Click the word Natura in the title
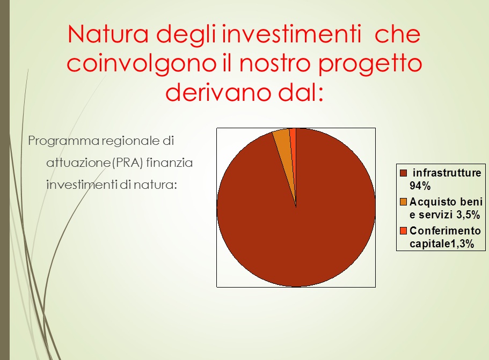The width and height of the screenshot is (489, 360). (x=108, y=34)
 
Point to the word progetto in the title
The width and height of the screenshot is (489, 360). (x=370, y=64)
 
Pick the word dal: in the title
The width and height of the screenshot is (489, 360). (x=301, y=92)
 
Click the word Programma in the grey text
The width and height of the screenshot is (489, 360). (x=63, y=141)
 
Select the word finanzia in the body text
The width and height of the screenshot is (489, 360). (x=169, y=163)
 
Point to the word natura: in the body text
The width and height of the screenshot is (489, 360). (x=155, y=185)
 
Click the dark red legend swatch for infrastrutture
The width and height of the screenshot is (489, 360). (x=403, y=173)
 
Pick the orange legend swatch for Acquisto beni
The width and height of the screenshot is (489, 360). (x=403, y=202)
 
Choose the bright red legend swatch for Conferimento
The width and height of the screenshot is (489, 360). (x=403, y=231)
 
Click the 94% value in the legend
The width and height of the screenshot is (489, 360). (x=420, y=186)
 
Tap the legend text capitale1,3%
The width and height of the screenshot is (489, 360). (x=442, y=244)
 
